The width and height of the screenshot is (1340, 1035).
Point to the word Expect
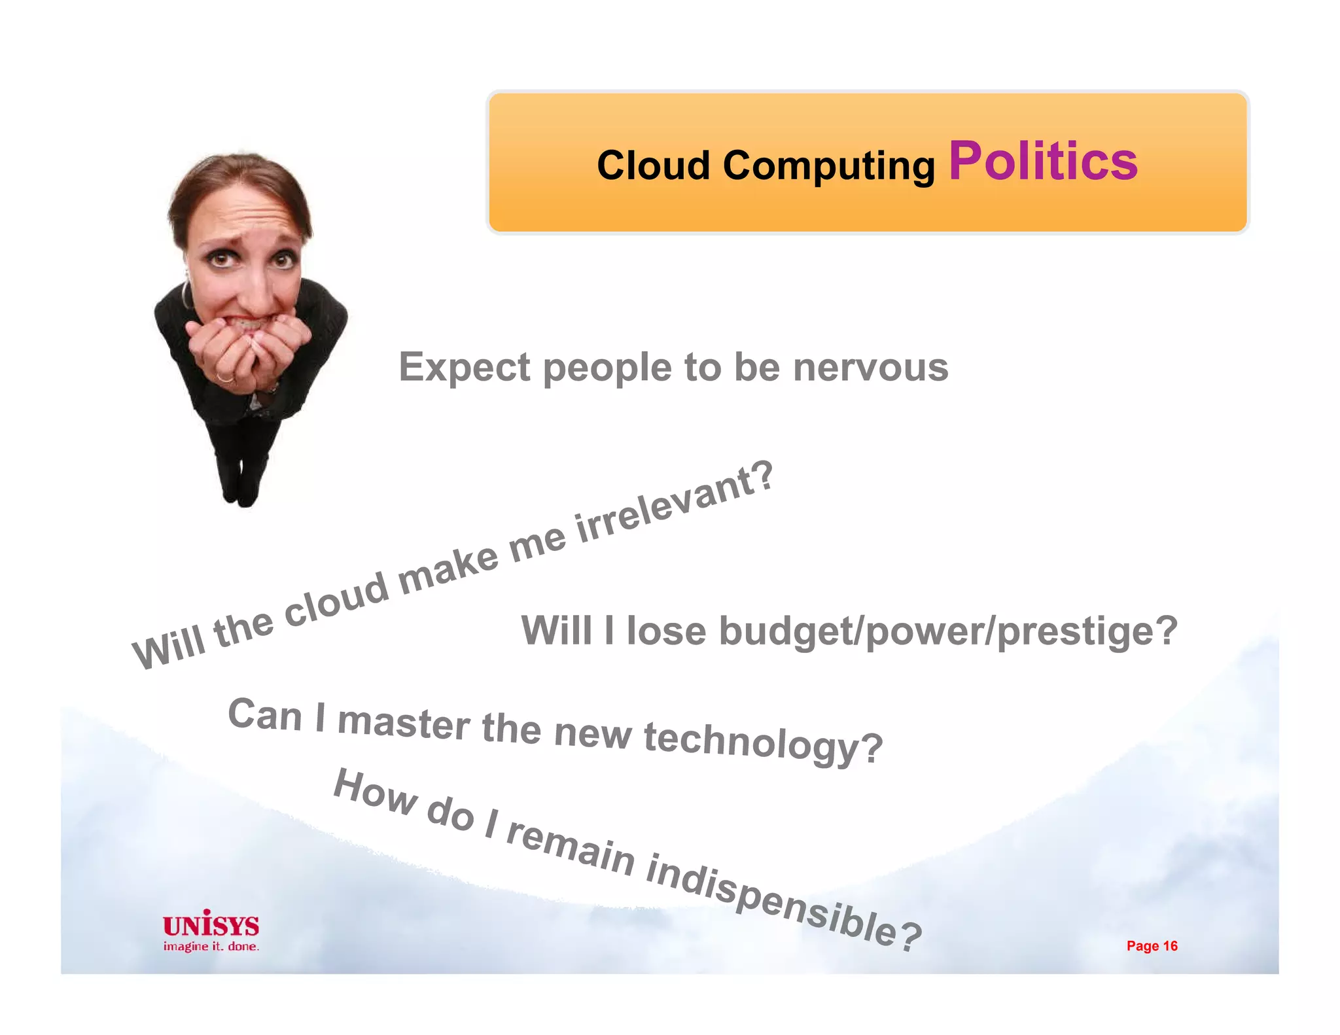pos(464,368)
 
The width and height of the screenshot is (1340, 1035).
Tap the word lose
pos(666,631)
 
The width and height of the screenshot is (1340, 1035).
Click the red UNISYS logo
pos(211,924)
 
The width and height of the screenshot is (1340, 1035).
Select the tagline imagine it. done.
pos(211,947)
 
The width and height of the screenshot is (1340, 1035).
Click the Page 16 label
pos(1152,946)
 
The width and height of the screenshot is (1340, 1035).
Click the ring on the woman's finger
pos(224,377)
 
